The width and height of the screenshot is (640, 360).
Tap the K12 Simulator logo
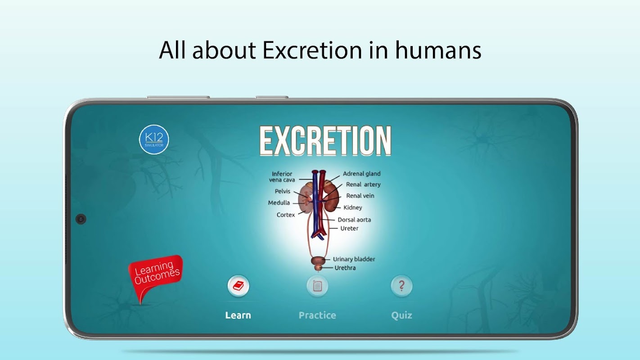pos(154,139)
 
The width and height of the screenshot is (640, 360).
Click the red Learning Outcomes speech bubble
pos(156,275)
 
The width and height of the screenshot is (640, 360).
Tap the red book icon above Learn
pos(238,286)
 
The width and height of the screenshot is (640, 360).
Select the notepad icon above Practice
pos(317,286)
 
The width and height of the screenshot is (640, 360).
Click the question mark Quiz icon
pos(401,286)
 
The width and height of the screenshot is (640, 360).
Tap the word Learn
pos(238,315)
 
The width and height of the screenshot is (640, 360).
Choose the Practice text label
pos(317,315)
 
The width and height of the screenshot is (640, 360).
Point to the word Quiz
pos(401,315)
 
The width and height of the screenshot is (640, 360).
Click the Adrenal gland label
pos(361,174)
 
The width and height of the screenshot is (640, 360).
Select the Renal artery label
pos(363,184)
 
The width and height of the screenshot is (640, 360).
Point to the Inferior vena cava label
pos(282,177)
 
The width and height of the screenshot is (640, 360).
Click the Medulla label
pos(279,203)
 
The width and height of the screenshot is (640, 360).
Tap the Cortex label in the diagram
pos(285,215)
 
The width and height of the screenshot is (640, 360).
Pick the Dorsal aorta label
pos(354,220)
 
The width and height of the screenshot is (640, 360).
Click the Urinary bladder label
pos(354,259)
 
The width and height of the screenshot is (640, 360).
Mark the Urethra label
pos(345,268)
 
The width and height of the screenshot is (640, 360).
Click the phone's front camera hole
pos(81,219)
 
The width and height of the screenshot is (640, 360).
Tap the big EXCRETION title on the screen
pos(325,141)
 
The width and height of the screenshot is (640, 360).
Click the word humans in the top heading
pos(438,50)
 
